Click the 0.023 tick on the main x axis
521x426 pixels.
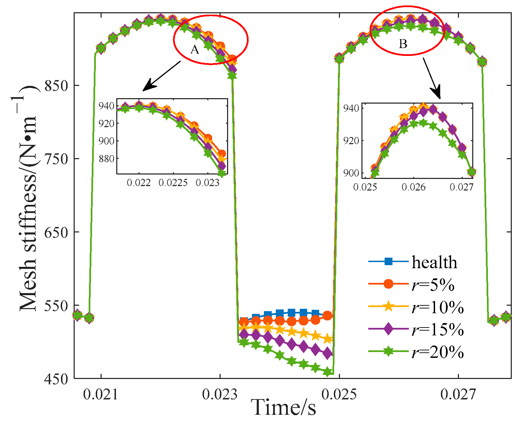tap(220, 395)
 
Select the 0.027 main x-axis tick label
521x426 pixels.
tap(458, 395)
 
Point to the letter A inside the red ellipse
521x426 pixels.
tap(195, 50)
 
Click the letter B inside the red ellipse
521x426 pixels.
tap(403, 44)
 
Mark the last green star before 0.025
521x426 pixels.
tap(328, 372)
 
